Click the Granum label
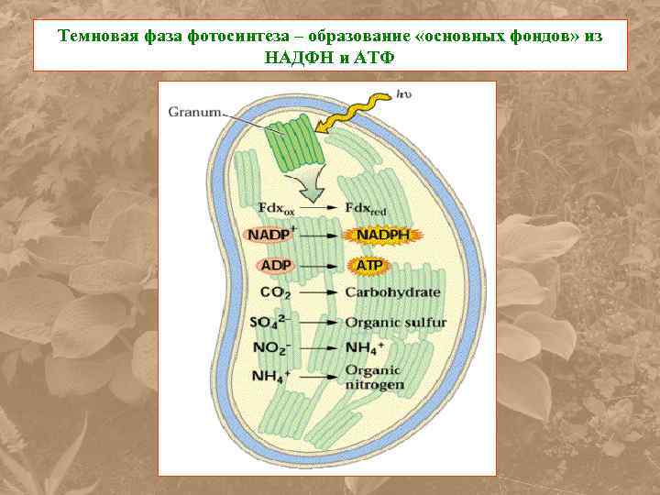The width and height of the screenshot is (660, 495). pyautogui.click(x=194, y=113)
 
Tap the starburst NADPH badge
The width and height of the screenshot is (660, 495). pyautogui.click(x=379, y=236)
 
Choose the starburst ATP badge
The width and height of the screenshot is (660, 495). pyautogui.click(x=368, y=266)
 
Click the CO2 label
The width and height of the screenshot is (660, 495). pyautogui.click(x=276, y=293)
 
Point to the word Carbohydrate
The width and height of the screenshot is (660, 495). pyautogui.click(x=392, y=292)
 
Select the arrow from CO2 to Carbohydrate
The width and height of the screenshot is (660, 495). pyautogui.click(x=318, y=293)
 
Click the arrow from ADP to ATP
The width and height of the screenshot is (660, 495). pyautogui.click(x=318, y=266)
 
